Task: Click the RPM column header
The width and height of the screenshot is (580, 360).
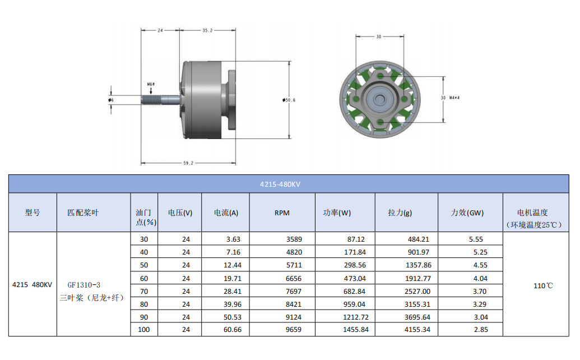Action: [282, 213]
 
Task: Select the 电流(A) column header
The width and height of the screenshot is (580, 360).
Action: [226, 213]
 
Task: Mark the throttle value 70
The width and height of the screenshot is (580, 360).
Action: [144, 291]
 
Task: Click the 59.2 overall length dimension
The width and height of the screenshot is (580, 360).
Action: [188, 163]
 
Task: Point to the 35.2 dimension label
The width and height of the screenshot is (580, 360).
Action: [207, 30]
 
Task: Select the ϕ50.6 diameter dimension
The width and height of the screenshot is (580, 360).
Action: [289, 100]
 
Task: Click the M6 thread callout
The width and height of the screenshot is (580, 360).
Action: [151, 85]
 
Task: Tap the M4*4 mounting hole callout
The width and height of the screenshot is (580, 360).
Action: [454, 98]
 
